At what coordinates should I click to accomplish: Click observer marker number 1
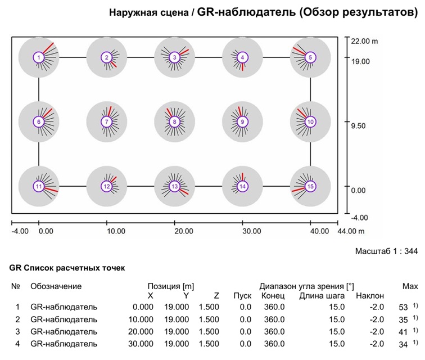coord(38,57)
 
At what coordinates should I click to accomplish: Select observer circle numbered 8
coord(175,121)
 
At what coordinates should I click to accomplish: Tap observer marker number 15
coord(310,186)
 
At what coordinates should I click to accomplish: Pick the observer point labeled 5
coord(310,57)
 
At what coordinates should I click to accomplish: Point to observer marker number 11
coord(38,186)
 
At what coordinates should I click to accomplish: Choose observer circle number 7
coord(106,121)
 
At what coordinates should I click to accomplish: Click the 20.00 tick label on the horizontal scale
coord(183,231)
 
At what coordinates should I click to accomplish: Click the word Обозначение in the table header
coord(56,286)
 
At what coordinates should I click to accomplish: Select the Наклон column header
coord(369,296)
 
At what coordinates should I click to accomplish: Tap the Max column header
coord(410,286)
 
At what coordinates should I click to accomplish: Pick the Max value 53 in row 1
coord(402,307)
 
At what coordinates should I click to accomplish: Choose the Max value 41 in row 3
coord(402,331)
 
